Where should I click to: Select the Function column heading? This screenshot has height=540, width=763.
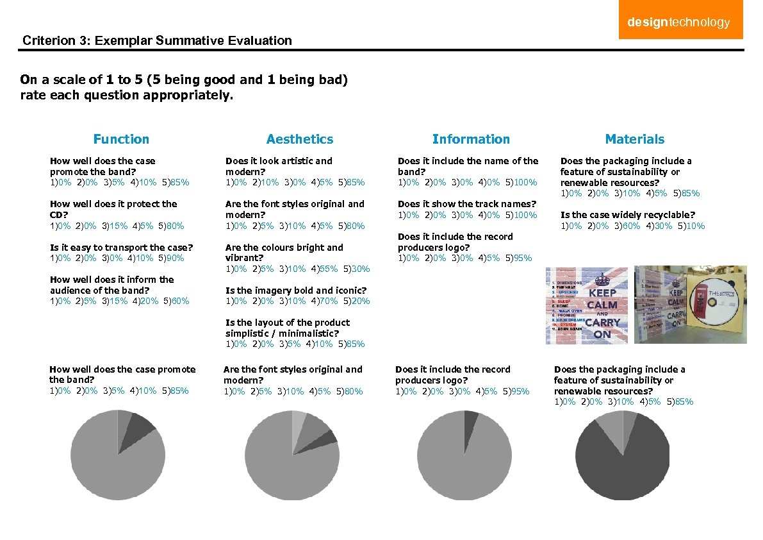click(x=121, y=139)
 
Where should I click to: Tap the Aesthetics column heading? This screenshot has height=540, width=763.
click(x=300, y=139)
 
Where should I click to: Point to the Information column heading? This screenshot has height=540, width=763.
click(x=471, y=139)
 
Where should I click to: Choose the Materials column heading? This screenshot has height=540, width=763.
click(x=635, y=139)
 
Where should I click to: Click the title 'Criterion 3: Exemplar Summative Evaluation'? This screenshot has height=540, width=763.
click(x=157, y=41)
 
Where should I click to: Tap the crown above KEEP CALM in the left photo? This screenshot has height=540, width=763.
click(x=602, y=280)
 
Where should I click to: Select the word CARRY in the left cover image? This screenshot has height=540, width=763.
click(x=602, y=322)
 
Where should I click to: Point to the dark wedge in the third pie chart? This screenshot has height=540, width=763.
click(x=470, y=418)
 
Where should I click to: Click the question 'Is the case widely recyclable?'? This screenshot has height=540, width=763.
click(x=627, y=215)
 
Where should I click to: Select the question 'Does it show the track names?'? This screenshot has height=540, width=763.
click(x=466, y=204)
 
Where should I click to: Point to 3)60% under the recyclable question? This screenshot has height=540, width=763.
click(x=628, y=226)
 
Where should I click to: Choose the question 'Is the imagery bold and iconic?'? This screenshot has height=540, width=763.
click(x=296, y=291)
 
